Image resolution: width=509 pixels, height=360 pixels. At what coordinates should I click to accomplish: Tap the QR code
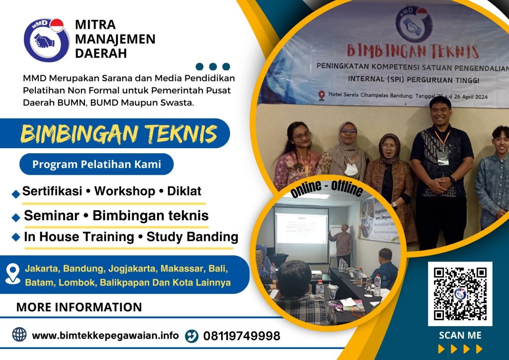click(x=460, y=294)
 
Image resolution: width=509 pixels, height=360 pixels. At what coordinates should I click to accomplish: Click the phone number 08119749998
click(x=242, y=336)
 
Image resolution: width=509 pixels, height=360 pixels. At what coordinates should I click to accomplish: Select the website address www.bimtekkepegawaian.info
click(x=105, y=335)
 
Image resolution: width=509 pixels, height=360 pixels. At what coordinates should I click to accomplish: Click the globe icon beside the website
click(x=19, y=335)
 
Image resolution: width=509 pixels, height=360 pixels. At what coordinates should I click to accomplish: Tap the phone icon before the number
click(x=191, y=336)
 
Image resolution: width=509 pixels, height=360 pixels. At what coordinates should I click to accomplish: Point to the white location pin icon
click(x=12, y=274)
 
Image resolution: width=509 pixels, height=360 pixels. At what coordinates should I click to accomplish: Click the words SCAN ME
click(x=460, y=335)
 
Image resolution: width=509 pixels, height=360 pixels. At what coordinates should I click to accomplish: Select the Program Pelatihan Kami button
click(x=96, y=164)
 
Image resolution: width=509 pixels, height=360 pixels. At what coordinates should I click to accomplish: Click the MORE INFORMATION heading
click(x=79, y=307)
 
